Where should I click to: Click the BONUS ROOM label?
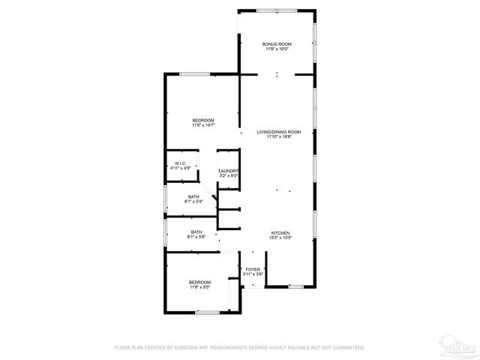tap(277, 44)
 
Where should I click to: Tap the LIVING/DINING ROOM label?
tap(273, 132)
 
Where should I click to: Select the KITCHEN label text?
tap(280, 232)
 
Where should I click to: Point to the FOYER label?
tap(253, 268)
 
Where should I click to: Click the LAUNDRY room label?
tap(229, 171)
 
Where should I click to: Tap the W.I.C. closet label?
tap(180, 163)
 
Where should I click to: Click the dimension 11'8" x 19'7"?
tap(203, 125)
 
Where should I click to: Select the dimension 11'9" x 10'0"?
tap(277, 49)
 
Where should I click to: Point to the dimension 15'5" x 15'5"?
tap(280, 238)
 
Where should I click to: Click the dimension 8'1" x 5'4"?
tap(195, 201)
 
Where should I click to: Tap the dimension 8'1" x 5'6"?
tap(196, 237)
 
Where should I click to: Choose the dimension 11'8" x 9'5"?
tap(199, 286)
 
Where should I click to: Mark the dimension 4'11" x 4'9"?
tap(180, 169)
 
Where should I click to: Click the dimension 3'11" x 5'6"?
tap(253, 273)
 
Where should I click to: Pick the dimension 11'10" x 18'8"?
tap(273, 137)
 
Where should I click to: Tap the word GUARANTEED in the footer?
tap(345, 347)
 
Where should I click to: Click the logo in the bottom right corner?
tap(460, 346)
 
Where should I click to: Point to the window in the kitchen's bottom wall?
tap(296, 286)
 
